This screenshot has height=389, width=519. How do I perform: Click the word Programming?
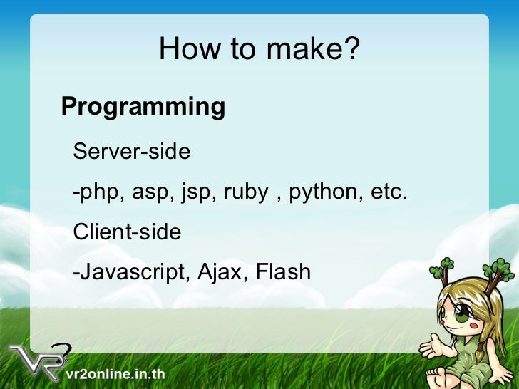143,107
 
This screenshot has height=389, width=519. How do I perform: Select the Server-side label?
132,152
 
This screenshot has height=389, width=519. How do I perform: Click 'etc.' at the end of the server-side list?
389,192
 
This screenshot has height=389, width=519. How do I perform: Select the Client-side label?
128,232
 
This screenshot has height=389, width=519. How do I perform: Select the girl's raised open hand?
431,347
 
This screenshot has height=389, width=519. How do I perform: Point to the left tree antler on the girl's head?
443,269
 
